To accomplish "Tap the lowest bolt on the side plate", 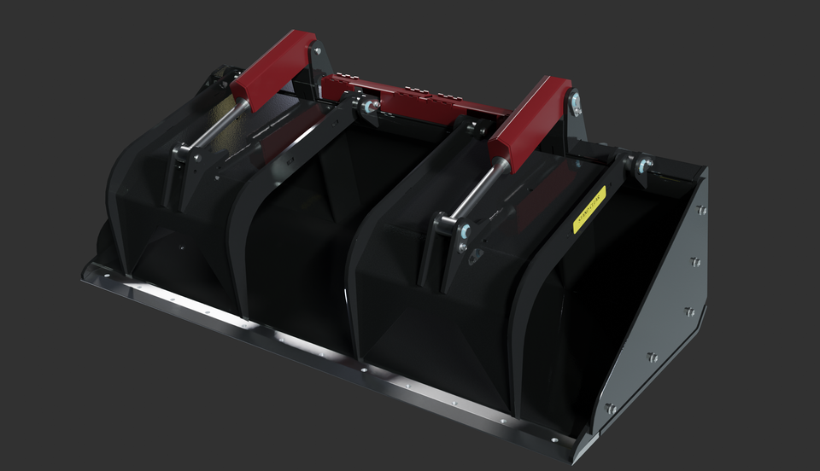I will (x=611, y=409).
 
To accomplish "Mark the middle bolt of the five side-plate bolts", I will (x=689, y=311).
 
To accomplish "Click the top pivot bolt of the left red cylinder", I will (x=317, y=51).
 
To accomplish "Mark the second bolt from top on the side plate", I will (x=695, y=261).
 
